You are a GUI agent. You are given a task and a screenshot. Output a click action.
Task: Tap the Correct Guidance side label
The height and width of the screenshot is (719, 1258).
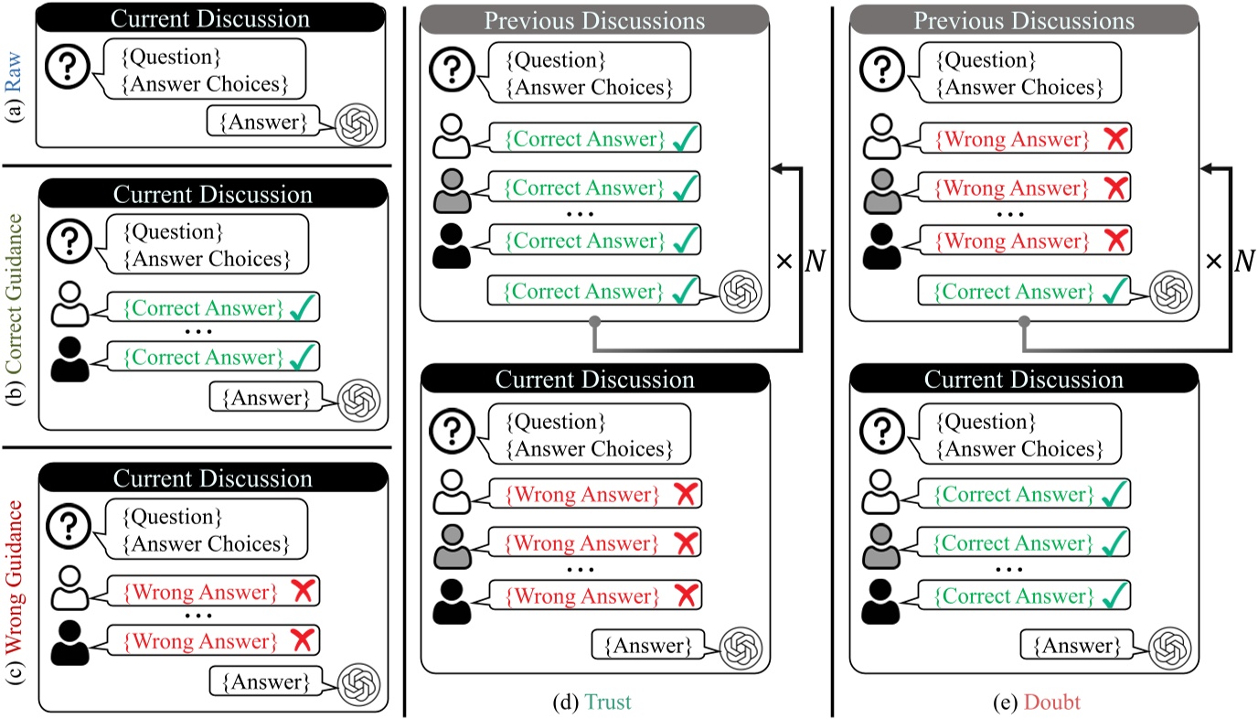point(16,307)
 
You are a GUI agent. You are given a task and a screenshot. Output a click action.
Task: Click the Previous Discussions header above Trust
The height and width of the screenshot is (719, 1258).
point(595,20)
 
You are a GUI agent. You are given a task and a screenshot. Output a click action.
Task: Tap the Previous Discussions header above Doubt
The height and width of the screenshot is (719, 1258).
point(1025,20)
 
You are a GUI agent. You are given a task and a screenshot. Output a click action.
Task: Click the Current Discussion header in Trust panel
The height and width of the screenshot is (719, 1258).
point(595,378)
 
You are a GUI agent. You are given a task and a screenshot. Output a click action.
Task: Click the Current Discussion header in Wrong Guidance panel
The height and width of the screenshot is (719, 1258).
point(212,478)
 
